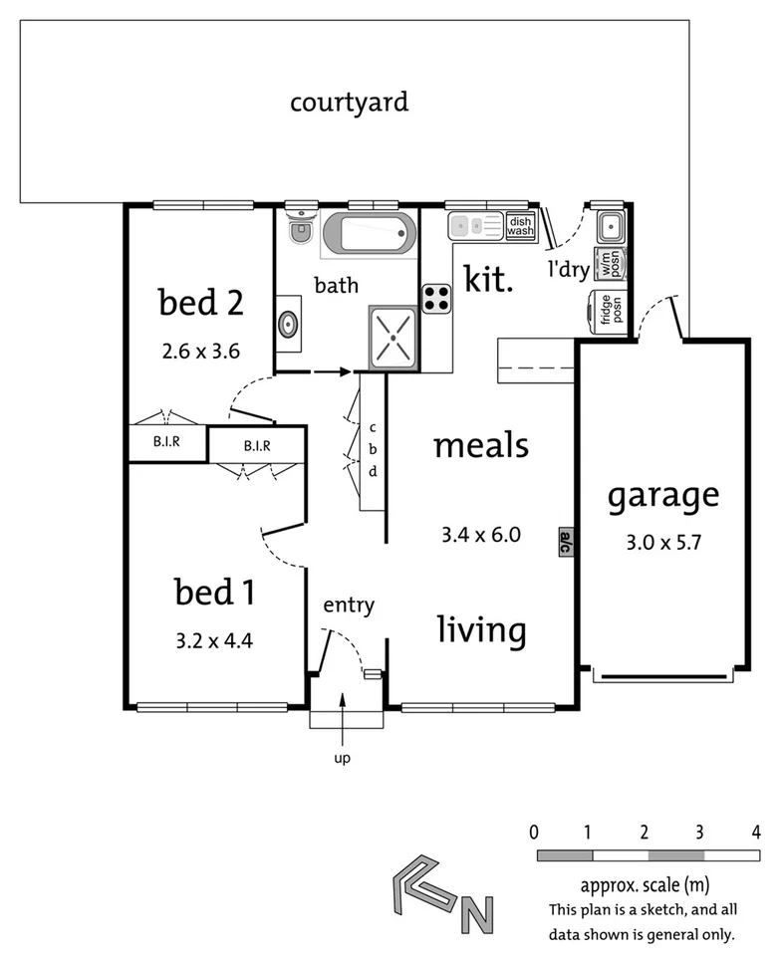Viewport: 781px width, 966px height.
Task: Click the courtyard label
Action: click(x=349, y=102)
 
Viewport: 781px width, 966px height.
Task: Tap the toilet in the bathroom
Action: click(x=300, y=230)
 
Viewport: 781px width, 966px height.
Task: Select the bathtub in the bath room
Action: click(x=369, y=234)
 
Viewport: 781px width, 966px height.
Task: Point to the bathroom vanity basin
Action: click(x=288, y=324)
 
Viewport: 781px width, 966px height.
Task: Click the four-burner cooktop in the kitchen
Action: click(x=437, y=298)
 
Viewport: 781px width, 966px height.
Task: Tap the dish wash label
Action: click(x=520, y=226)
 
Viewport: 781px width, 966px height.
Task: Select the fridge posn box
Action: click(x=605, y=311)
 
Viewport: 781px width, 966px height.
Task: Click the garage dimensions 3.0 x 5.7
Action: click(x=663, y=544)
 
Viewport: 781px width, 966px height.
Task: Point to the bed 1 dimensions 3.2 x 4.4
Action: click(x=213, y=639)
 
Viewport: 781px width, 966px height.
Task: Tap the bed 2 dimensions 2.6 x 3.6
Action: click(x=201, y=351)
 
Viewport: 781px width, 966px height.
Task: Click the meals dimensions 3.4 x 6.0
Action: click(x=481, y=535)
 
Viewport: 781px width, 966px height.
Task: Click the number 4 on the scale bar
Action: click(x=756, y=831)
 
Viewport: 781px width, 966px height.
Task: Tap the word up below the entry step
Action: click(x=343, y=759)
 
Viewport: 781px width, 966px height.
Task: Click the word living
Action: click(x=482, y=629)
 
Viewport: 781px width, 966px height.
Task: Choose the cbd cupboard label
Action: click(x=373, y=448)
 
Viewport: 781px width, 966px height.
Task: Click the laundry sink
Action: click(x=610, y=228)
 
